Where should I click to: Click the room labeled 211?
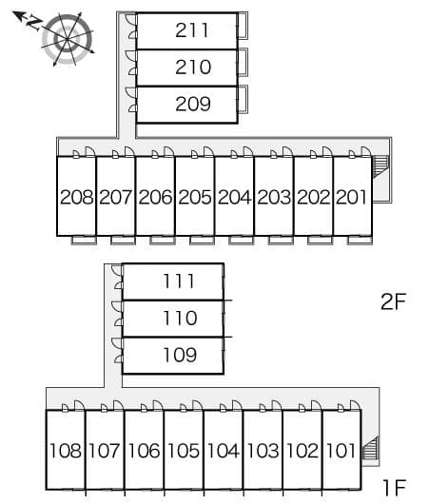(192, 30)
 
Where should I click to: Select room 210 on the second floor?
(192, 68)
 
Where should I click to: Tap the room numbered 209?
(192, 104)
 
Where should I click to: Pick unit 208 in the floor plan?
(76, 198)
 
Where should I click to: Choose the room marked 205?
(194, 198)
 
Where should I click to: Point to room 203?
(273, 198)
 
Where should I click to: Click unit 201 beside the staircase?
(351, 198)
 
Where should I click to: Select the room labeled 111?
(178, 281)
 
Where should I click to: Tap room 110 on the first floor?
(178, 318)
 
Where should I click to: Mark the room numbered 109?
(178, 355)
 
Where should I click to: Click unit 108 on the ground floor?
(65, 450)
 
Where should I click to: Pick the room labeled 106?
(144, 450)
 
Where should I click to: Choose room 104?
(223, 450)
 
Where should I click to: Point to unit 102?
(302, 450)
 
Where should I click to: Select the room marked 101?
(341, 450)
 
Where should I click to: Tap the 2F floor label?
(393, 302)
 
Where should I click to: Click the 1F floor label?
(394, 489)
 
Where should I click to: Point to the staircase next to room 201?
(381, 167)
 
